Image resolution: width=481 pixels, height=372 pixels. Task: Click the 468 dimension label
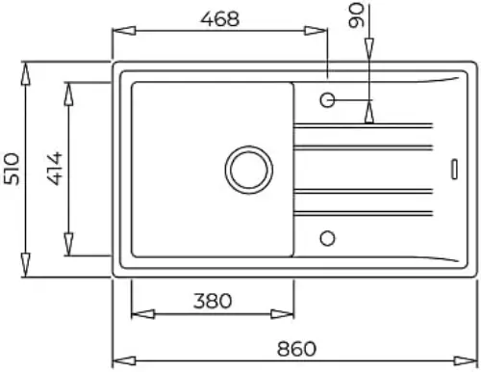coord(220,18)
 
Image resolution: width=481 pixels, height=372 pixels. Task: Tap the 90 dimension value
coord(356,15)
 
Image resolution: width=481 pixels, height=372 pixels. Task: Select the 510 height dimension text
coord(12,169)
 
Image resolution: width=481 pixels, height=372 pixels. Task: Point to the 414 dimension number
coord(54,169)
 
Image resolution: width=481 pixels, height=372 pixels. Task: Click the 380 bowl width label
coord(213,301)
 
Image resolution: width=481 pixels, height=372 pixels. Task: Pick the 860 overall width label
coord(296,349)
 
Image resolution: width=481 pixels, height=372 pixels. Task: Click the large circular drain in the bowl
coord(249,170)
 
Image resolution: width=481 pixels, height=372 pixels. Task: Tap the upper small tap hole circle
coord(327,100)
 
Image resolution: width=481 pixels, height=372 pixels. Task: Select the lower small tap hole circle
coord(327,238)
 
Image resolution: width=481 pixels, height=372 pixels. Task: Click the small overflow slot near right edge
coord(454,170)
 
